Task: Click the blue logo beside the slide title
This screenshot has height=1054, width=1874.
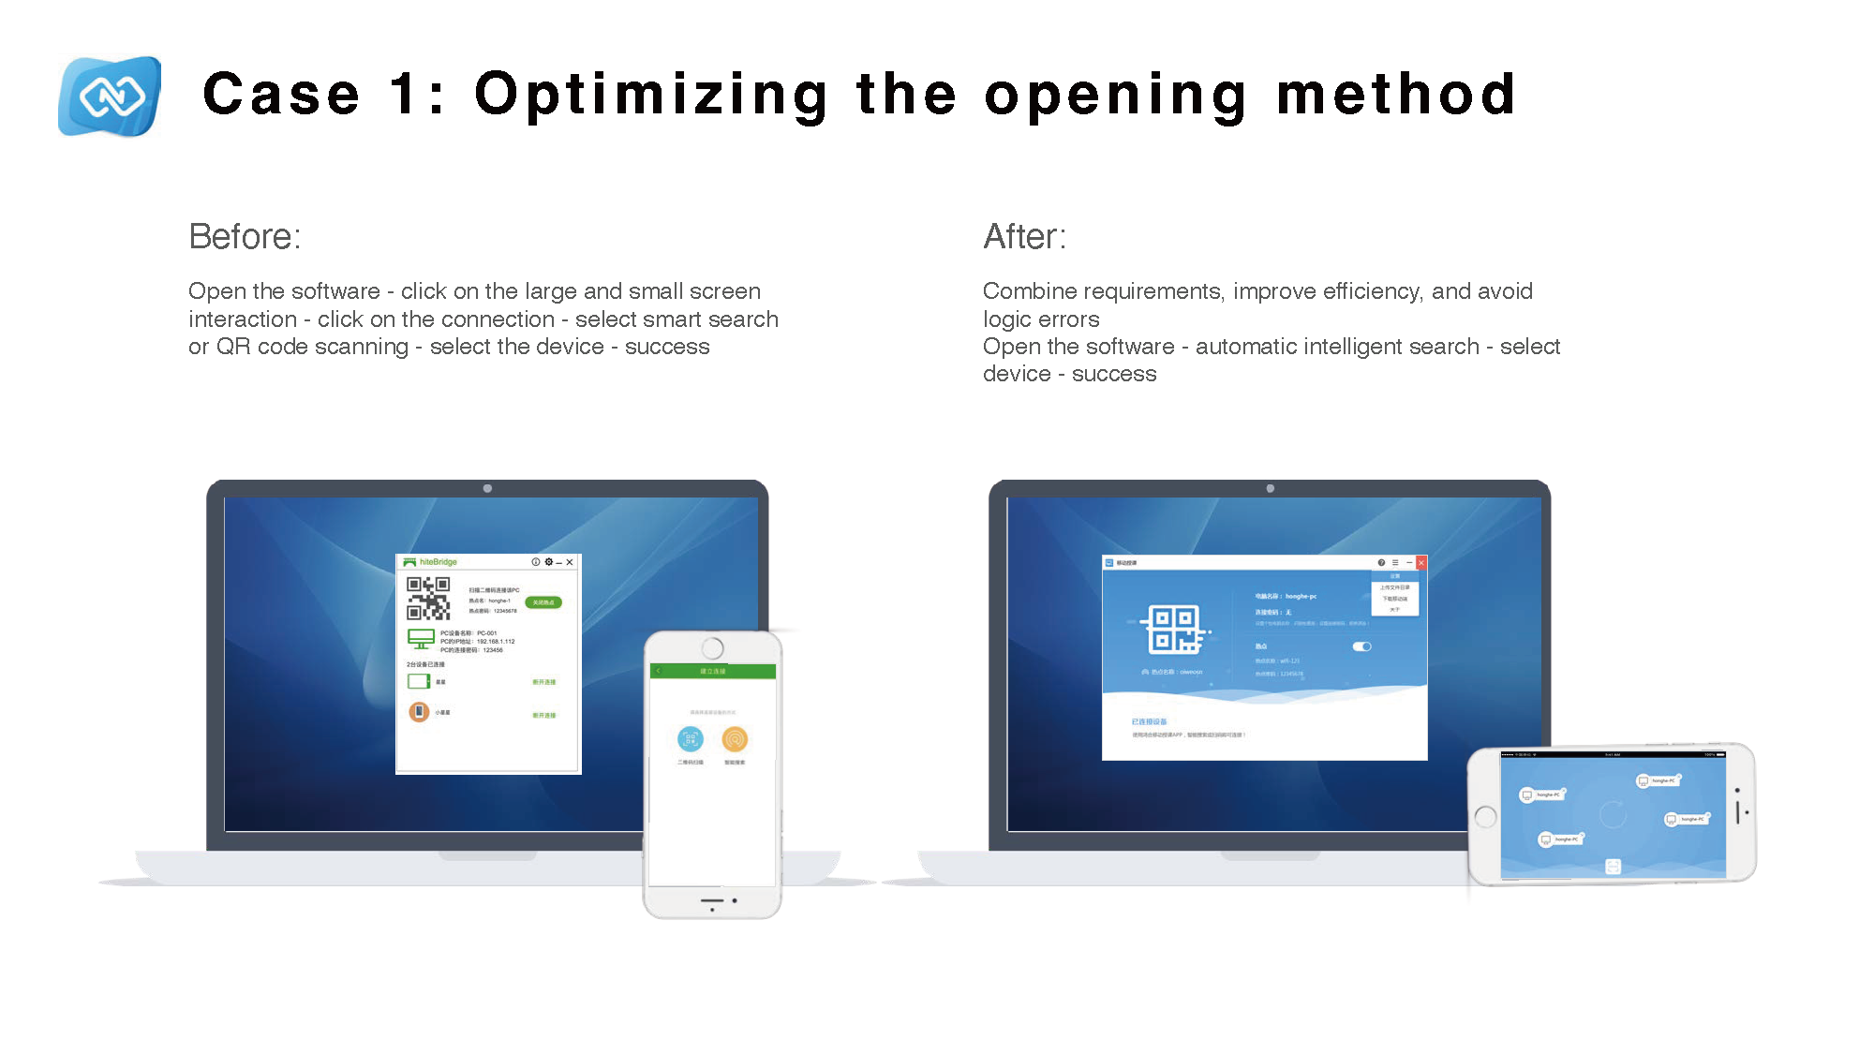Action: (x=110, y=96)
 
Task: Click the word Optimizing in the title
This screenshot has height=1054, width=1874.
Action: (x=651, y=96)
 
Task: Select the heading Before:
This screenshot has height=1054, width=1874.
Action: (x=245, y=237)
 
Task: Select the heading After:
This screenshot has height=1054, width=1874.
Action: (x=1024, y=237)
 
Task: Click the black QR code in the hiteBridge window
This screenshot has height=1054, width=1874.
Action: (x=428, y=598)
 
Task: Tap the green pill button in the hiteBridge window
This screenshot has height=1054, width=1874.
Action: (x=543, y=602)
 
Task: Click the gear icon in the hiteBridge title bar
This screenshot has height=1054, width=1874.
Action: (x=549, y=562)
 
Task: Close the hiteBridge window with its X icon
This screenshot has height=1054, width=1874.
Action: (x=570, y=562)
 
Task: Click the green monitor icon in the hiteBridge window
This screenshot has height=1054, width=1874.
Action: (x=421, y=639)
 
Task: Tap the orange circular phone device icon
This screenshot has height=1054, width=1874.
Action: (x=419, y=712)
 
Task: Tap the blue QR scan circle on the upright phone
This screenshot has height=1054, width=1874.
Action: (x=691, y=739)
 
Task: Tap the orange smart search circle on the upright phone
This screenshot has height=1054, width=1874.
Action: (x=735, y=739)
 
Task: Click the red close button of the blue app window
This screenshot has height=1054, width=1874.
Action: (x=1420, y=563)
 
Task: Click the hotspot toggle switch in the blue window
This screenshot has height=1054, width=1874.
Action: (x=1361, y=646)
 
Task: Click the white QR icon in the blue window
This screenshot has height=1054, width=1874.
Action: (x=1174, y=629)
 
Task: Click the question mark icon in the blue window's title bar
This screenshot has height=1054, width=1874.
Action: (x=1381, y=563)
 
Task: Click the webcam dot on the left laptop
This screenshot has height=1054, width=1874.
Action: (x=487, y=488)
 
